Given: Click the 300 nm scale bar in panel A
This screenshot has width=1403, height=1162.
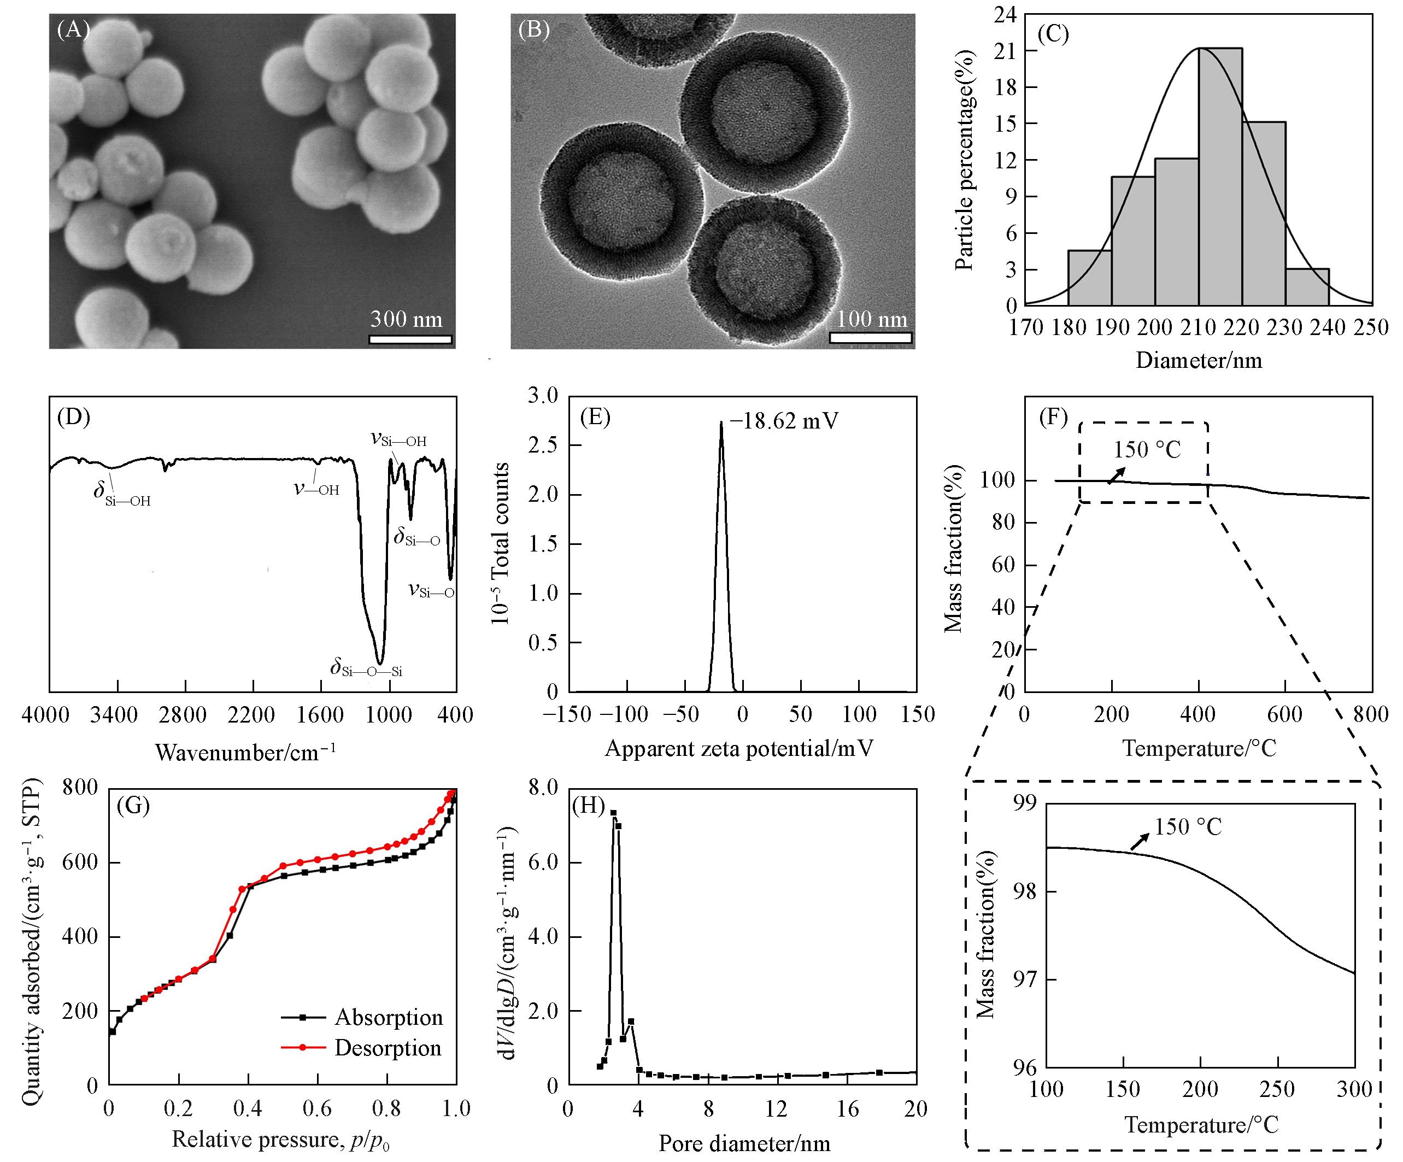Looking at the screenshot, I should coord(410,339).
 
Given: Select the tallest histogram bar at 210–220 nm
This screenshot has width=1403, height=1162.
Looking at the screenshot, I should coord(1220,177).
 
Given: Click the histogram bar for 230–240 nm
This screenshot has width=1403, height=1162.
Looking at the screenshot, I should coord(1307,287).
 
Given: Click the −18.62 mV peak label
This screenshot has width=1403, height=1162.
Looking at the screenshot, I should coord(784,421).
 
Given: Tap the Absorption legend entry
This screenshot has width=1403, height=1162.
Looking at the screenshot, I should coord(388,1017).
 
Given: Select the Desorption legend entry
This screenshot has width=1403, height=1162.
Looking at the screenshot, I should coord(388,1048).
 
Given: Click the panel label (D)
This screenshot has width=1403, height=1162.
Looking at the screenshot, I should coord(73,417).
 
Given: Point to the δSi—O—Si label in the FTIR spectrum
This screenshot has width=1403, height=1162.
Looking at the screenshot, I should coord(366,668).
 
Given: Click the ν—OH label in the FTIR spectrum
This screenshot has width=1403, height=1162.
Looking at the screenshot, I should coord(316,489).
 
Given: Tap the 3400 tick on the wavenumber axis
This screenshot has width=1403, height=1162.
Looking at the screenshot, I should coord(114,715).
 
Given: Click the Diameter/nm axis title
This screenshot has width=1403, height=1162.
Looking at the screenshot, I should coord(1199,361).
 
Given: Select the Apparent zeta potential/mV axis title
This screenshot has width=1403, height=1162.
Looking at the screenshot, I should coord(739,748).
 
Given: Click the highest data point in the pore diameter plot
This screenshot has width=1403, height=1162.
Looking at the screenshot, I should coord(613,813).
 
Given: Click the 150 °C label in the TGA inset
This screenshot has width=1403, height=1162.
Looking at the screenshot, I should coord(1188,828).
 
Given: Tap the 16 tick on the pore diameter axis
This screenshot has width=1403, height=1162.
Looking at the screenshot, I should coord(847,1109).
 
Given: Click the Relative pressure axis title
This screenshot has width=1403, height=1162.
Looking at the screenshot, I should coord(280,1139).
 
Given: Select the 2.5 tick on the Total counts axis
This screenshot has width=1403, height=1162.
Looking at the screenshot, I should coord(543,445).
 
